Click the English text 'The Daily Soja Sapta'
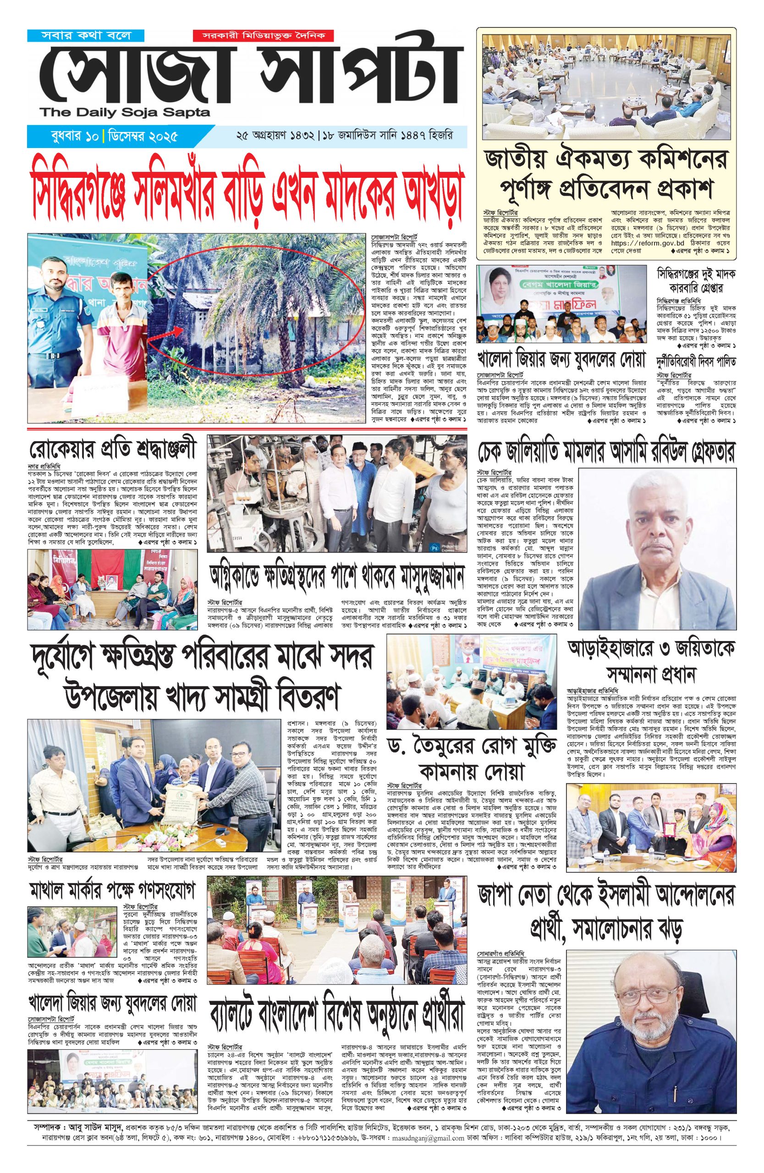[126, 113]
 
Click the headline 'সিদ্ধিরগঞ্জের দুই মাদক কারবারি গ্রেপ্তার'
[696, 282]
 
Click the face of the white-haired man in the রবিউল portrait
[654, 527]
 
